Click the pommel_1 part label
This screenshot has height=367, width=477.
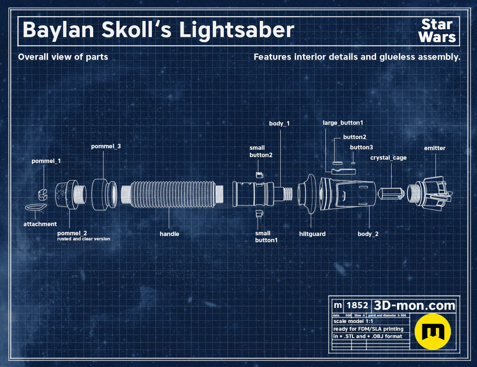click(x=46, y=161)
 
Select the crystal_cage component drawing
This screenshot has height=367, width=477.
click(x=391, y=194)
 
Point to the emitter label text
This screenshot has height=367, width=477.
click(x=435, y=148)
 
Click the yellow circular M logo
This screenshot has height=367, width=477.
click(x=433, y=331)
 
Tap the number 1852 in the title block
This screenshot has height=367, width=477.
click(x=357, y=305)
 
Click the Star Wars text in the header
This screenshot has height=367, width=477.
click(x=437, y=31)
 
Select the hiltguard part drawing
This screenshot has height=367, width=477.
click(x=307, y=194)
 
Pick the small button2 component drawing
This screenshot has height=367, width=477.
click(x=259, y=175)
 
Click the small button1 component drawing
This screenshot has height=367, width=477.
click(x=259, y=213)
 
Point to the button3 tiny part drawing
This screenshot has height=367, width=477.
click(x=353, y=163)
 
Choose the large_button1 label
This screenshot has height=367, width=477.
click(x=343, y=123)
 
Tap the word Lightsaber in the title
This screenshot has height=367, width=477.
click(x=237, y=30)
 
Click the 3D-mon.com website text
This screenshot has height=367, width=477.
click(x=414, y=305)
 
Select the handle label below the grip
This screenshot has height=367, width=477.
click(x=169, y=234)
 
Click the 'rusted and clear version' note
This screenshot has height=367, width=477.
click(x=84, y=239)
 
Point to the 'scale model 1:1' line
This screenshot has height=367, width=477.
click(x=353, y=321)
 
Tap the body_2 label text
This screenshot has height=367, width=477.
click(x=368, y=234)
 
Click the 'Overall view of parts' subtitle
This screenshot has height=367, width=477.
click(x=63, y=57)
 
